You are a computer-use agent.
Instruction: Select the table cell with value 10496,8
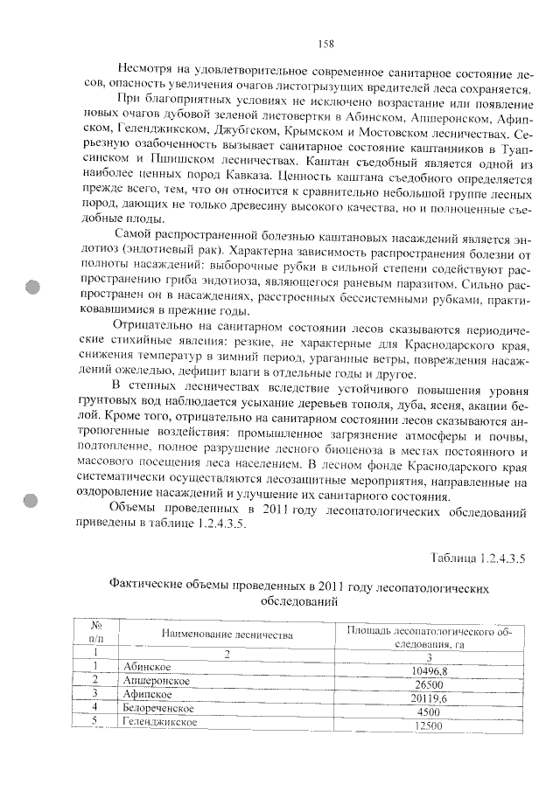[428, 670]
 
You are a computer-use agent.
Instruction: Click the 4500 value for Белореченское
[428, 711]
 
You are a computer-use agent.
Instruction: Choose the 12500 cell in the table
[428, 725]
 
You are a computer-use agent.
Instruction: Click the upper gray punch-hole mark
[32, 286]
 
